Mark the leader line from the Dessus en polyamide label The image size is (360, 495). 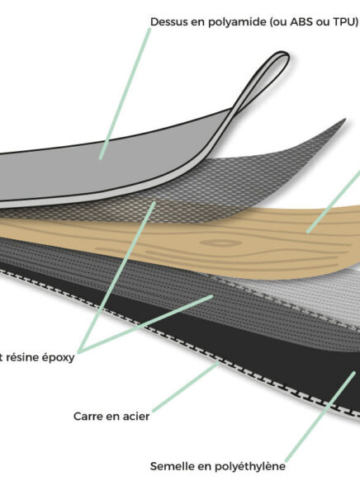coord(125,94)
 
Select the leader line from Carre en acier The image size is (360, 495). coord(186,387)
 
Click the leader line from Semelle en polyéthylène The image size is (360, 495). coord(320,417)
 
